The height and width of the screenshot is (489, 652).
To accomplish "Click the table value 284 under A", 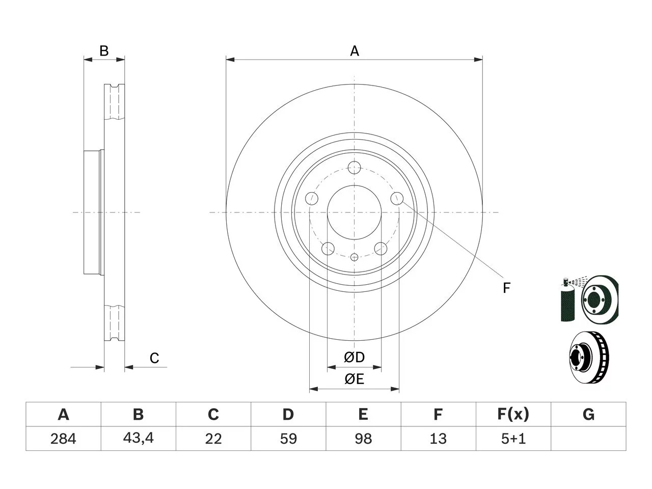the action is tap(63, 439).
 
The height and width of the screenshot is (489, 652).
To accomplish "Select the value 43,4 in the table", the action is tap(139, 438).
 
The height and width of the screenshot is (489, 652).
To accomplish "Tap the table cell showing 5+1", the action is tap(513, 439).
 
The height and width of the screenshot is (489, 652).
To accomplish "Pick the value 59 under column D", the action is tap(288, 439).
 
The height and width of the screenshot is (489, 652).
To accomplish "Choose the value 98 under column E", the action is tap(363, 439).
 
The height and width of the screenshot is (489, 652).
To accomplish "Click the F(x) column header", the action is tap(513, 414).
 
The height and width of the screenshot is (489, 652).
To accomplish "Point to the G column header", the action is tap(588, 414).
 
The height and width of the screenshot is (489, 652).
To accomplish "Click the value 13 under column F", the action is tap(438, 439).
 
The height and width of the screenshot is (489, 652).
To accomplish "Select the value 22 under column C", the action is tap(213, 439).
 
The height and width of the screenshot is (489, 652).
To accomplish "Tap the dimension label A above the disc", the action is tap(355, 51).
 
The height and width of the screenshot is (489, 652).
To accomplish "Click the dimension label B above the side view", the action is tap(104, 51).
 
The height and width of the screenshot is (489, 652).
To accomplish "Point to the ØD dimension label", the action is tap(354, 357).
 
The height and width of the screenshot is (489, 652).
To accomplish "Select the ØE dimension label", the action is tap(354, 379).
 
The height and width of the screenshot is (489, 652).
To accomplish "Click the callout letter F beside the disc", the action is tap(506, 288).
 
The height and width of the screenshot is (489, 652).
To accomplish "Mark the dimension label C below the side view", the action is tap(154, 358).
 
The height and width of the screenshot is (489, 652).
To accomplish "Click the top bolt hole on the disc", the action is tap(354, 168).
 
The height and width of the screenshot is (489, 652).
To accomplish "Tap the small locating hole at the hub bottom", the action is tap(354, 257).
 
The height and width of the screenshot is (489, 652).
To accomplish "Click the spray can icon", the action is tap(567, 300).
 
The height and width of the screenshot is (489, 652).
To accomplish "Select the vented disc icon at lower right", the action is tap(589, 357).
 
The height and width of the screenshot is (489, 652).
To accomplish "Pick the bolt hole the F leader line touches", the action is tap(397, 199).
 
